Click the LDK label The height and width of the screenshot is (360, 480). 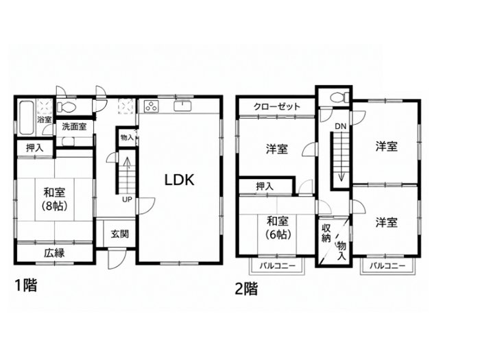(180, 180)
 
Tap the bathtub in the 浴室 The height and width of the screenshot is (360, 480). (26, 118)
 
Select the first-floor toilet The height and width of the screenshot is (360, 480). (66, 107)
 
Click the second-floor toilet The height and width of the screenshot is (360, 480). (340, 97)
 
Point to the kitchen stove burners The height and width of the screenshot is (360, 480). (151, 106)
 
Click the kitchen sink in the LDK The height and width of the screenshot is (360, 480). (182, 106)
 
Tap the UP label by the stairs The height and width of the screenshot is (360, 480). (127, 200)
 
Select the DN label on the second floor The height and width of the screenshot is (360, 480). (340, 125)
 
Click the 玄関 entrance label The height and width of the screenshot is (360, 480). (120, 235)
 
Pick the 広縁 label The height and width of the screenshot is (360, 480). (54, 253)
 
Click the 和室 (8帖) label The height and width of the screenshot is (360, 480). (54, 199)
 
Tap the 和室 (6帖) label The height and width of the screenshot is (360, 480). (277, 227)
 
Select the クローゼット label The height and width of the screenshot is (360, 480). (277, 106)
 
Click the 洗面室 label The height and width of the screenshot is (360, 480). (74, 126)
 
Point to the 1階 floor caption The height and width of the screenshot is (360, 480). (26, 285)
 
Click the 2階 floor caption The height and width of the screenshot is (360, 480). (246, 289)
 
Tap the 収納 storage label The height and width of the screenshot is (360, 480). (326, 233)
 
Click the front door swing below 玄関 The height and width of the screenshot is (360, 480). (117, 259)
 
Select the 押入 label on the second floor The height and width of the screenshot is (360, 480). (265, 186)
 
